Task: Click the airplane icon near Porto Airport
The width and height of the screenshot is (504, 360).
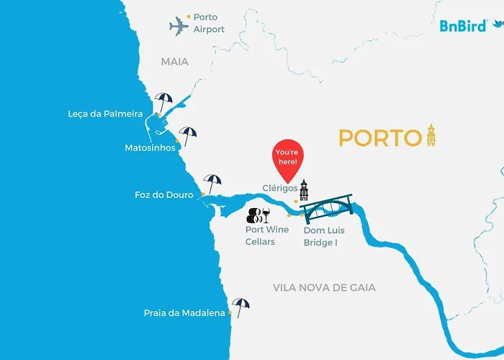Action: tap(179, 27)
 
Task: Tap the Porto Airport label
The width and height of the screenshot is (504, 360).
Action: tap(209, 23)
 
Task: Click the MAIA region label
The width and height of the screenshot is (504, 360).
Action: tap(175, 62)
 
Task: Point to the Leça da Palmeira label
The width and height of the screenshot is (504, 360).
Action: tap(105, 114)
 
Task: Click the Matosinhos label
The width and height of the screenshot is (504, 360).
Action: tap(150, 148)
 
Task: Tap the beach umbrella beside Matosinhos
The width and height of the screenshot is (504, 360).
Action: tap(188, 135)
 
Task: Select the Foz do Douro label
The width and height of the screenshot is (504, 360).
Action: tap(164, 194)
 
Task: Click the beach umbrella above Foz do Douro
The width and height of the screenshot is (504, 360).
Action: tap(212, 182)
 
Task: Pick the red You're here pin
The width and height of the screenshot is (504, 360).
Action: tap(288, 160)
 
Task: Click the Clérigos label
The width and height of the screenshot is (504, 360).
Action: tap(280, 188)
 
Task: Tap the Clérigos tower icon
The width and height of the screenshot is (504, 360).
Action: tap(305, 190)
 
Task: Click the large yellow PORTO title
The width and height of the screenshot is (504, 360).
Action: tap(379, 138)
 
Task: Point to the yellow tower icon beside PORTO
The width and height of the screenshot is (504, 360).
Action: tap(431, 135)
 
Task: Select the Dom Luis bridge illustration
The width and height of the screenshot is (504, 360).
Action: tap(327, 210)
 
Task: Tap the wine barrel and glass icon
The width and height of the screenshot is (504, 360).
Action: tap(258, 214)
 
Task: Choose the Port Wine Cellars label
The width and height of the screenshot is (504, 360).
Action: tap(267, 236)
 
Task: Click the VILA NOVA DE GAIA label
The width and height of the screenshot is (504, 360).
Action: tap(324, 287)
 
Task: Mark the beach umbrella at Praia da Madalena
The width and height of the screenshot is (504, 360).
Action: tap(240, 307)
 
